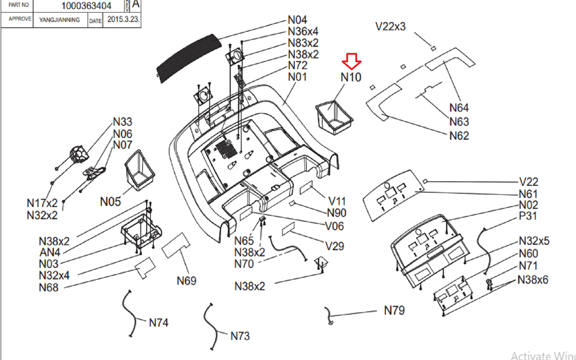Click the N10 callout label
tap(351, 77)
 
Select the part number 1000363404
tap(86, 6)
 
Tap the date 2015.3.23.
tap(123, 19)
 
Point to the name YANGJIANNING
tap(59, 20)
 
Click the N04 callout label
tap(297, 20)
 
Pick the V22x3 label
tap(390, 27)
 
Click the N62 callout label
tap(459, 136)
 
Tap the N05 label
tap(110, 202)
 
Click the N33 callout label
tap(122, 122)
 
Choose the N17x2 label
tap(42, 203)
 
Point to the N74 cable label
tap(158, 323)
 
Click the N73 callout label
tap(240, 336)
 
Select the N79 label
tap(394, 310)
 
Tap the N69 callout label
tap(186, 281)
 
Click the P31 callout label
tap(528, 216)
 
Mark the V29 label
tap(334, 246)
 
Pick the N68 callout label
tap(49, 288)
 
